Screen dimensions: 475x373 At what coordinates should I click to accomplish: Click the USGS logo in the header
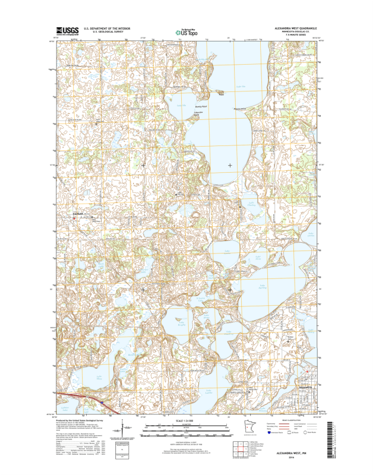[67, 31]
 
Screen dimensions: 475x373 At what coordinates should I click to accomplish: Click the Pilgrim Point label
[239, 109]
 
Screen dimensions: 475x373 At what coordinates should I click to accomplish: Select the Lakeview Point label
[199, 113]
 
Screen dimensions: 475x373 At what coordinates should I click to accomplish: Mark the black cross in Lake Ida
[230, 165]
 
